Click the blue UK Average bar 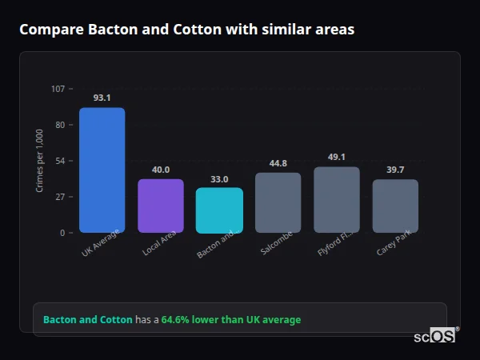coord(102,170)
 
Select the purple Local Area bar coord(161,206)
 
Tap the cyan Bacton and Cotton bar coord(219,210)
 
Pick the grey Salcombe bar coord(278,202)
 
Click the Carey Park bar coord(395,206)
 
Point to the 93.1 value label coord(102,98)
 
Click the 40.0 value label coord(161,170)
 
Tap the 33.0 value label coord(219,179)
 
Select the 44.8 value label coord(278,163)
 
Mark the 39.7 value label coord(395,170)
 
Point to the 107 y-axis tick coord(58,89)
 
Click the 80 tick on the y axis coord(60,125)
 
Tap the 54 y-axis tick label coord(60,161)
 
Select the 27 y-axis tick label coord(60,197)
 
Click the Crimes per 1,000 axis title coord(39,161)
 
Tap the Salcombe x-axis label coord(277,242)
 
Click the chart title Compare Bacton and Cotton coord(186,30)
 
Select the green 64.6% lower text coord(231,320)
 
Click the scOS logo coord(435,336)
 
